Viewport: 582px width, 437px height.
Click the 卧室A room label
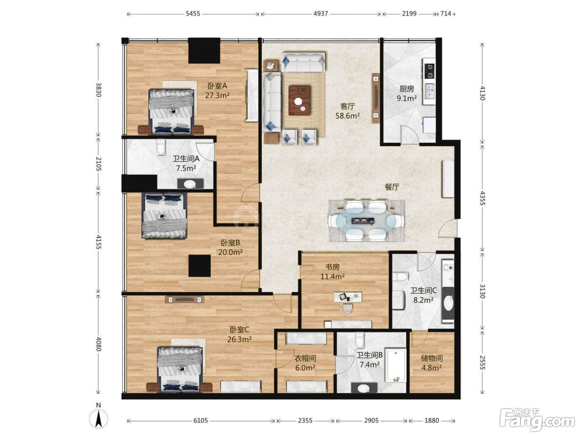point(217,86)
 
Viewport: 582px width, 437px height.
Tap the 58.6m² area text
point(348,116)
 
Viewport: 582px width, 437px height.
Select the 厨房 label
point(407,89)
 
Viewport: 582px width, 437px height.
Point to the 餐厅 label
point(392,187)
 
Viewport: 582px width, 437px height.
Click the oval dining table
point(366,220)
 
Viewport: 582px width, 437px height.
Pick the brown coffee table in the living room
point(300,100)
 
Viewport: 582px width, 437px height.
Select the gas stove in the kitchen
point(429,71)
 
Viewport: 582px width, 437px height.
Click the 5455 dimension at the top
point(193,14)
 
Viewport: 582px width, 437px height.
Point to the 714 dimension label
point(446,14)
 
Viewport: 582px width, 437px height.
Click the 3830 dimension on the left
point(99,90)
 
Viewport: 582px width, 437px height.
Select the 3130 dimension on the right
point(483,291)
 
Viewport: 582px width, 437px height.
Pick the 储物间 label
point(432,359)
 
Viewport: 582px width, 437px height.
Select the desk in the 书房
point(348,297)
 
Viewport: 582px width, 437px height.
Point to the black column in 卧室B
point(200,266)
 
